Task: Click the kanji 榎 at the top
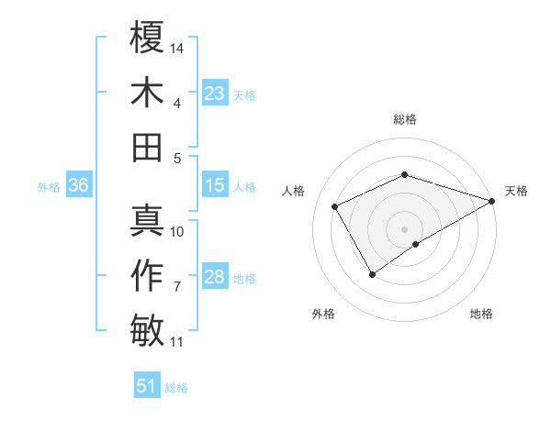tap(147, 38)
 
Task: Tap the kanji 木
tap(147, 93)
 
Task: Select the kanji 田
tap(147, 148)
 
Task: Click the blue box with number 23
tap(215, 93)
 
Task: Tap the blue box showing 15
tap(215, 185)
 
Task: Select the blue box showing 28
tap(215, 277)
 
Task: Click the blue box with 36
tap(78, 185)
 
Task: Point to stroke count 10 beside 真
tap(178, 232)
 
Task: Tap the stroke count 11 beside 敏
tap(177, 342)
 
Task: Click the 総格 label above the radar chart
tap(404, 119)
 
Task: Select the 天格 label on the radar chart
tap(516, 191)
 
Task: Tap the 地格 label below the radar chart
tap(481, 314)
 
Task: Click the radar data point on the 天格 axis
tap(493, 199)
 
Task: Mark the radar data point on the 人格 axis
tap(335, 206)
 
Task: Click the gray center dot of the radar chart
tap(404, 227)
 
